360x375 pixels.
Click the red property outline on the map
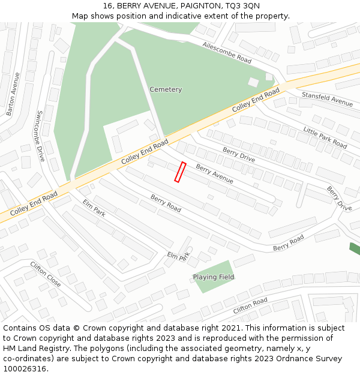pyautogui.click(x=180, y=172)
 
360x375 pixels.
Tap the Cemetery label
pyautogui.click(x=166, y=89)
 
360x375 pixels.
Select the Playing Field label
pyautogui.click(x=214, y=277)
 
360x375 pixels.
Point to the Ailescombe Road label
pyautogui.click(x=227, y=53)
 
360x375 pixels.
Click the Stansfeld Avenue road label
pyautogui.click(x=327, y=99)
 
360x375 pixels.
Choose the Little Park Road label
pyautogui.click(x=325, y=138)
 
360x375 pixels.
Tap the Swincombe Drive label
pyautogui.click(x=41, y=136)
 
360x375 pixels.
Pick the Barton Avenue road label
pyautogui.click(x=13, y=94)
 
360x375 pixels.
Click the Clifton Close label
pyautogui.click(x=46, y=274)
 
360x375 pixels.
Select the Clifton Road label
pyautogui.click(x=250, y=305)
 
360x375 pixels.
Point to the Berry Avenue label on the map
pyautogui.click(x=215, y=174)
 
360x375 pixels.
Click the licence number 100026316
pyautogui.click(x=25, y=368)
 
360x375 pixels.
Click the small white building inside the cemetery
pyautogui.click(x=253, y=82)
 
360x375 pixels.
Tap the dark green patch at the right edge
pyautogui.click(x=355, y=248)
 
